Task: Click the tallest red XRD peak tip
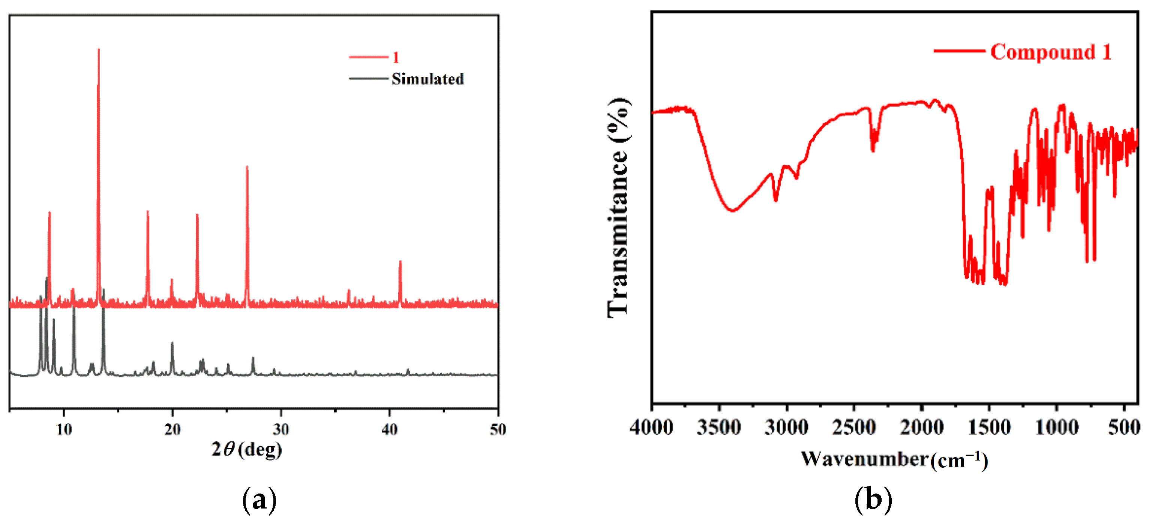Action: pyautogui.click(x=99, y=49)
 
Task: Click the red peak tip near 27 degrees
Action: pyautogui.click(x=247, y=167)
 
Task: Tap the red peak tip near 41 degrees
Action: pyautogui.click(x=400, y=262)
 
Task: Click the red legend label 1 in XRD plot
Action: pyautogui.click(x=395, y=57)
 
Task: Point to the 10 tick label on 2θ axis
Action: pyautogui.click(x=64, y=429)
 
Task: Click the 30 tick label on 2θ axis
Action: pyautogui.click(x=280, y=429)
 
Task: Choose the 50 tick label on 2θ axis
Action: pyautogui.click(x=497, y=429)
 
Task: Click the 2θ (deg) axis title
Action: pyautogui.click(x=247, y=449)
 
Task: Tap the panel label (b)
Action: pyautogui.click(x=873, y=499)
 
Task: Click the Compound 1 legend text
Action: pyautogui.click(x=1050, y=52)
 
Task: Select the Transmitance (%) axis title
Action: pyautogui.click(x=618, y=207)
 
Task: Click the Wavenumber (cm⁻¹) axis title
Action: pyautogui.click(x=894, y=459)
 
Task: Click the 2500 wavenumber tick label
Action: pyautogui.click(x=854, y=428)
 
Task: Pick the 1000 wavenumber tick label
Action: pyautogui.click(x=1056, y=428)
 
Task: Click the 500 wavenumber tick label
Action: pyautogui.click(x=1123, y=428)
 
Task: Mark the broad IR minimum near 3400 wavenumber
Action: pyautogui.click(x=732, y=210)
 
